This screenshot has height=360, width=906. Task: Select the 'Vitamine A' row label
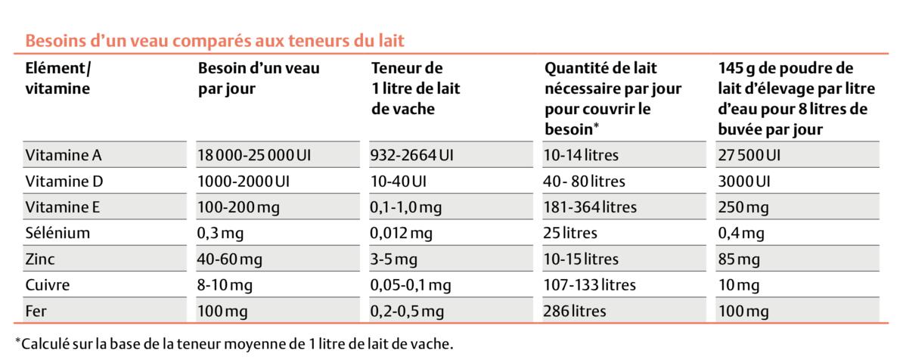click(63, 156)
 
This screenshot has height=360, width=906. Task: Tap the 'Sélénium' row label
click(57, 233)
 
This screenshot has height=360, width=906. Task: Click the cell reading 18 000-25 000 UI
click(254, 156)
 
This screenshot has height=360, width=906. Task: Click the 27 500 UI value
click(748, 156)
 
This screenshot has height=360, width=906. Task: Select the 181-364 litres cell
click(589, 207)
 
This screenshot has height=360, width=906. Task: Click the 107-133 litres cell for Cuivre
click(589, 285)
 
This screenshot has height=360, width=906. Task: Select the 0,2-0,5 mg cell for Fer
click(405, 311)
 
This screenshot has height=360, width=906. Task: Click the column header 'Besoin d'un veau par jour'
click(259, 78)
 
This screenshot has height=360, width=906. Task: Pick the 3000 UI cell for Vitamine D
click(743, 182)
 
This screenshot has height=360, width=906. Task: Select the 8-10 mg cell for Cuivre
click(225, 285)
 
